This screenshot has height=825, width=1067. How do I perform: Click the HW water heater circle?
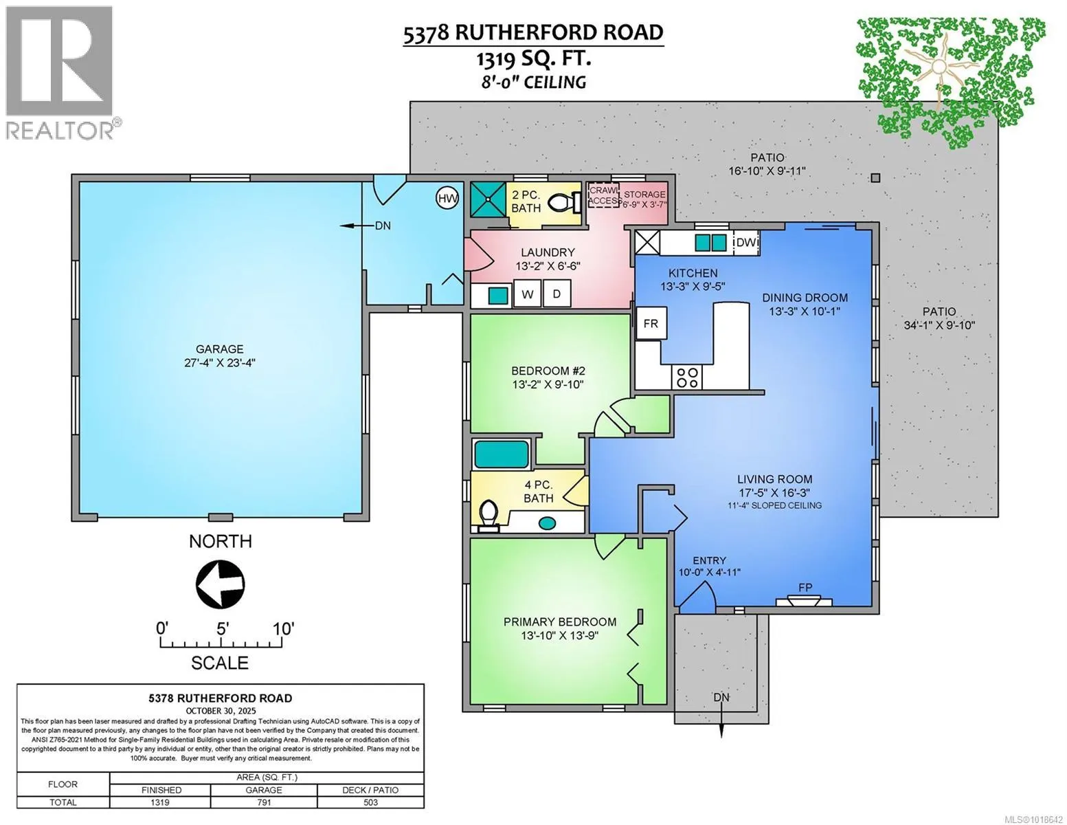click(x=447, y=199)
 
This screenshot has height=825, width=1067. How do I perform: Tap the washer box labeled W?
click(x=528, y=294)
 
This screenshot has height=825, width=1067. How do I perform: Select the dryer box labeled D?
click(x=557, y=294)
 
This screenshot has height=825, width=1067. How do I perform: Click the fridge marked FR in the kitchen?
click(x=650, y=324)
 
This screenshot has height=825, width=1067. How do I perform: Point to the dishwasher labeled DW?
click(x=746, y=243)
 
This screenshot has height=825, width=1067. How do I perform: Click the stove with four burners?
click(x=688, y=377)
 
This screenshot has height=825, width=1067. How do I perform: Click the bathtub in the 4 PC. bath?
click(x=502, y=454)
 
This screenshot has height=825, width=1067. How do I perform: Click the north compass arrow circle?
click(x=220, y=584)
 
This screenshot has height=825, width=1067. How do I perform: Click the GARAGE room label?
click(x=219, y=349)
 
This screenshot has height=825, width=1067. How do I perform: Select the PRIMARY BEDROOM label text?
click(x=559, y=621)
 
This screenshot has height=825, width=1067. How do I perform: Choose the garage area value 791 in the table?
click(x=264, y=802)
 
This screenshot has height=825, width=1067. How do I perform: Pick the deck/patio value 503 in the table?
click(x=370, y=802)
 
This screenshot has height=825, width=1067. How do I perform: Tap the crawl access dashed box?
click(x=603, y=196)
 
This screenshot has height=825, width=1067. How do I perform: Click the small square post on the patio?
click(x=875, y=178)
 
